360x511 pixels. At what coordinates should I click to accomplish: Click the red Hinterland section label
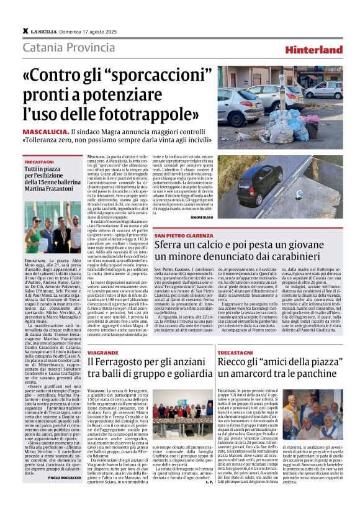315,50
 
